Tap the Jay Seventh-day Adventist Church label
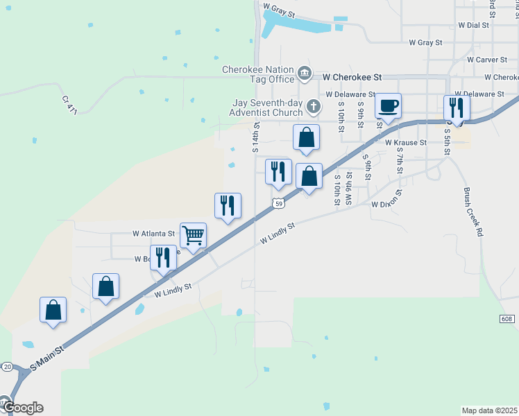point(268,107)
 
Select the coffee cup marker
point(388,107)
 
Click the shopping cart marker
point(193,236)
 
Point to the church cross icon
point(314,107)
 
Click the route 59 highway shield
point(278,203)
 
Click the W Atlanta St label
point(153,234)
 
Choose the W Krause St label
point(406,142)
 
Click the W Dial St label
point(473,24)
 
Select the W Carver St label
point(488,60)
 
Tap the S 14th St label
point(256,137)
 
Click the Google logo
point(22,407)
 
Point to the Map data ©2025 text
point(490,410)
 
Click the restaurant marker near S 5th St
point(457,107)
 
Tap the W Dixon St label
point(387,202)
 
